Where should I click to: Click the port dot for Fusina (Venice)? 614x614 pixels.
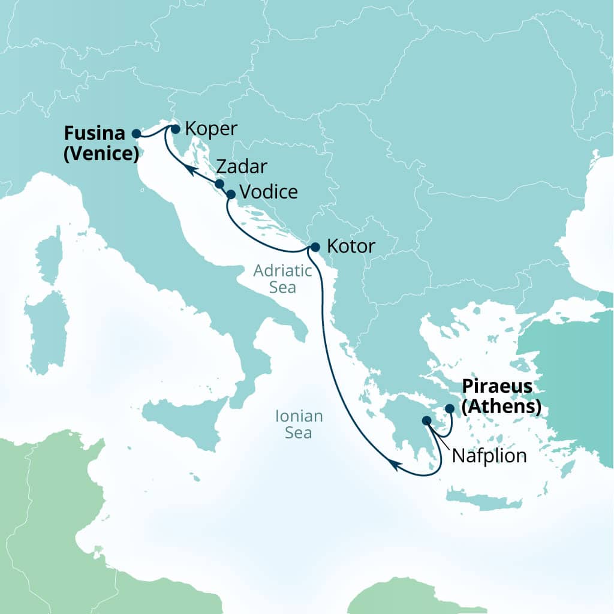pos(136,134)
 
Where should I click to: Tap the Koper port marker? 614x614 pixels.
pos(175,128)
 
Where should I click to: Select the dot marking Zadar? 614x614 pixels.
pos(219,184)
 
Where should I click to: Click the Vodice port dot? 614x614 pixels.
pos(231,194)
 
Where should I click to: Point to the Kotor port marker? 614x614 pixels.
pos(315,246)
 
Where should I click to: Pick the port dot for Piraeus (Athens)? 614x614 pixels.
pos(450,408)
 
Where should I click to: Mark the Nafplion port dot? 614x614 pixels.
pos(426,421)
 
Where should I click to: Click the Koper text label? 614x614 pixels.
pos(211,128)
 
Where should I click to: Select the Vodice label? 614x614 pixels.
pos(268,192)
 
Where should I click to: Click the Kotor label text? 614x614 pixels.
pos(351,246)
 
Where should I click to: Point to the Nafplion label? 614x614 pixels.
pos(489,456)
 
